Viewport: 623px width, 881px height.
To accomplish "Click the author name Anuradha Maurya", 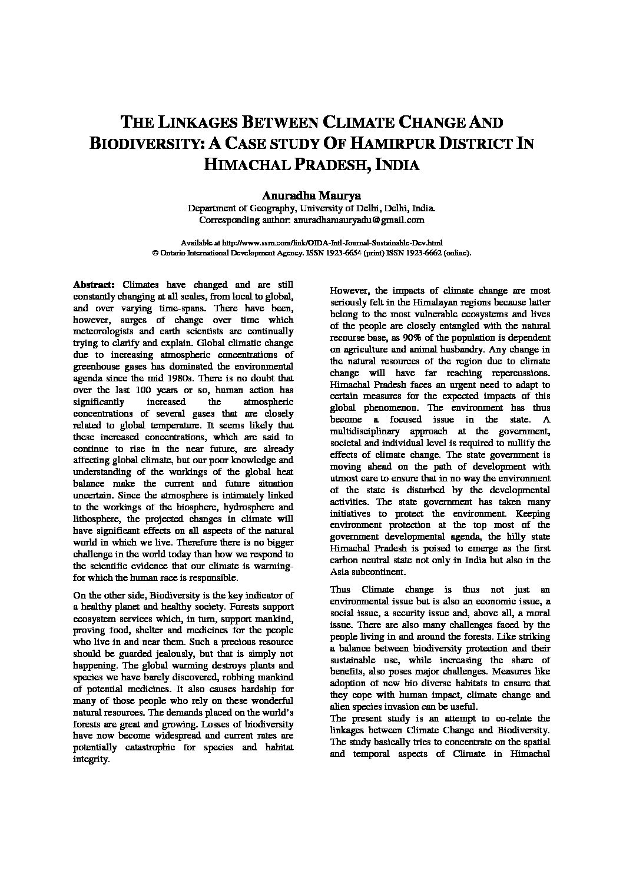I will click(311, 195).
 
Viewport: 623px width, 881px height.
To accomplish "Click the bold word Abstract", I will click(94, 284).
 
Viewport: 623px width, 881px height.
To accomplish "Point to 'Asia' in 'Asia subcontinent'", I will click(340, 571).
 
